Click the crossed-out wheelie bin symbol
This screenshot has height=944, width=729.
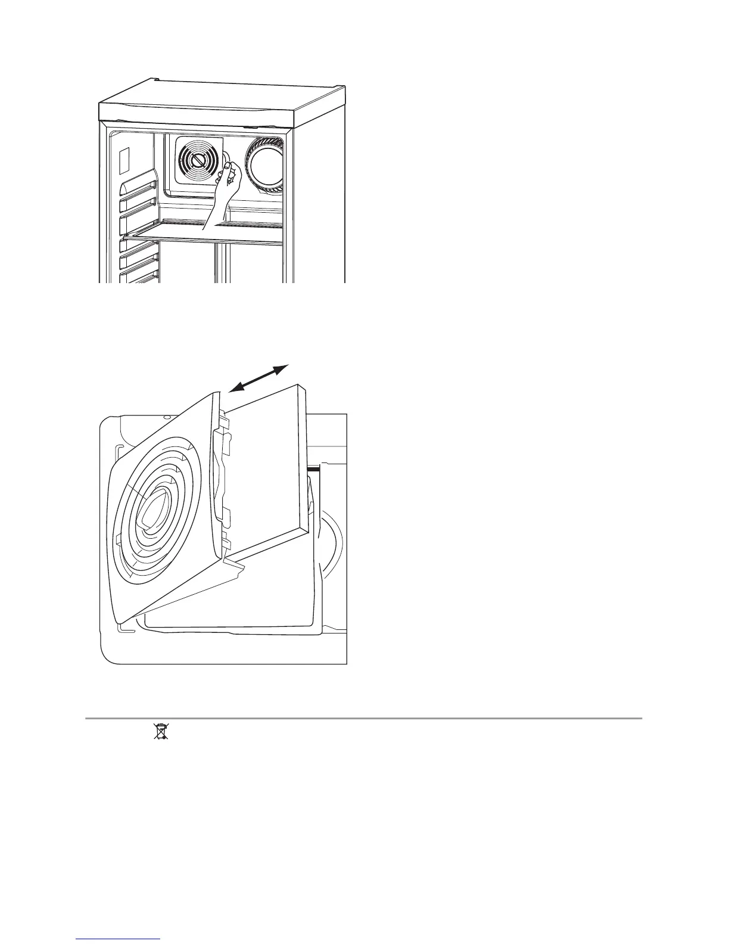point(160,731)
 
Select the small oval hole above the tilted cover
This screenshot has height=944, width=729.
point(168,418)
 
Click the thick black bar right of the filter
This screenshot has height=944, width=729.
point(313,469)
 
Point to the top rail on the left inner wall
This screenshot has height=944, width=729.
point(139,187)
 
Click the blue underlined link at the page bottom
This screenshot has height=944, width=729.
point(119,939)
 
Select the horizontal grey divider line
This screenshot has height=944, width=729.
point(363,718)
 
